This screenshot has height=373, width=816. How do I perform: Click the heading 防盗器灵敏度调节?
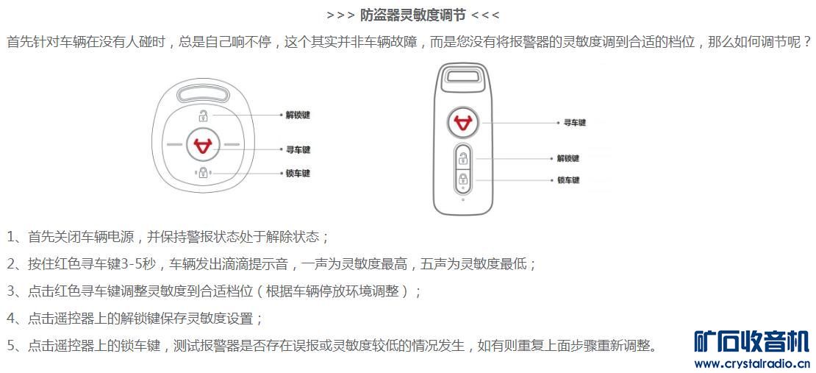412,15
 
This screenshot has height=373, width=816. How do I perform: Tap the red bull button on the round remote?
202,144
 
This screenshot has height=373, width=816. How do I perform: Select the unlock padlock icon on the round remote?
202,115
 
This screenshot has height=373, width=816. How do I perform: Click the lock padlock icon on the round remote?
202,172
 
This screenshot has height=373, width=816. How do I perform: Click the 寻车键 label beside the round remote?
298,150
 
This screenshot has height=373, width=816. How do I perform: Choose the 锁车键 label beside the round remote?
298,173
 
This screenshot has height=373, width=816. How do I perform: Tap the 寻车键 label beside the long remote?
575,123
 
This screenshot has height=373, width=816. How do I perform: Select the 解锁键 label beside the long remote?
568,158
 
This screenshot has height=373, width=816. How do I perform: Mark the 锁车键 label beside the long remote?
568,180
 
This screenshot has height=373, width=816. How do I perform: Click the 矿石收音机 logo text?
751,342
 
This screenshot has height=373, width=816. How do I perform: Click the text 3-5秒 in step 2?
138,264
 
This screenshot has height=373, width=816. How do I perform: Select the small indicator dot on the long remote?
462,199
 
